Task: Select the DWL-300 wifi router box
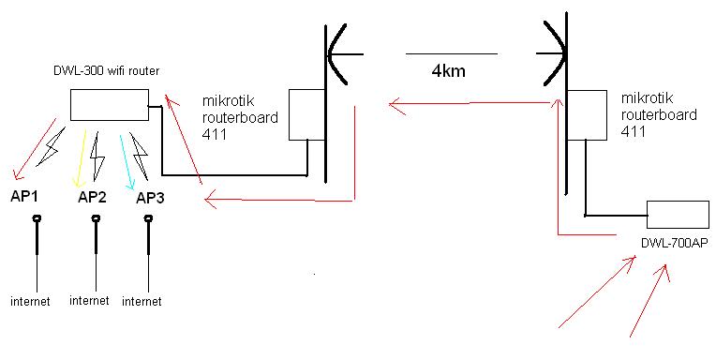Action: coord(109,104)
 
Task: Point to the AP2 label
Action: coord(92,197)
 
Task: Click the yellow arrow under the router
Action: coord(82,155)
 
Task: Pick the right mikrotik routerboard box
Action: coord(586,114)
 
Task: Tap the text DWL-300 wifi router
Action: coord(100,72)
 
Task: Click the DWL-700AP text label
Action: coord(674,244)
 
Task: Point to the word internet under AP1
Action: coord(30,302)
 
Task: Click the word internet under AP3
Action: coord(141,302)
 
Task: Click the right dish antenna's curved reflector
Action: coord(559,52)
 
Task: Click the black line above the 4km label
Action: coord(451,52)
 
